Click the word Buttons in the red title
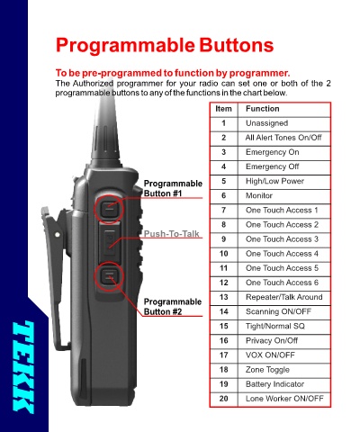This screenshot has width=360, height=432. (x=237, y=45)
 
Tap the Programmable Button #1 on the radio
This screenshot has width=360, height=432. (x=109, y=208)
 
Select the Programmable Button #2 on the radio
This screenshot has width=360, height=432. (x=109, y=276)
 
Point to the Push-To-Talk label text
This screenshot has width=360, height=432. (x=172, y=234)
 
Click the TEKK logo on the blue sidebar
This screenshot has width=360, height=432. (x=23, y=367)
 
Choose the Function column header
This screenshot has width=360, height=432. (x=263, y=109)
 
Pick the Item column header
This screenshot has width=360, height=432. (x=223, y=109)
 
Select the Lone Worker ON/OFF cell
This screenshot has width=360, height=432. (x=284, y=399)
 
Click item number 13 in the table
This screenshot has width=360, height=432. (x=224, y=297)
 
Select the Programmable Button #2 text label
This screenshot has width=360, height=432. (x=173, y=307)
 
